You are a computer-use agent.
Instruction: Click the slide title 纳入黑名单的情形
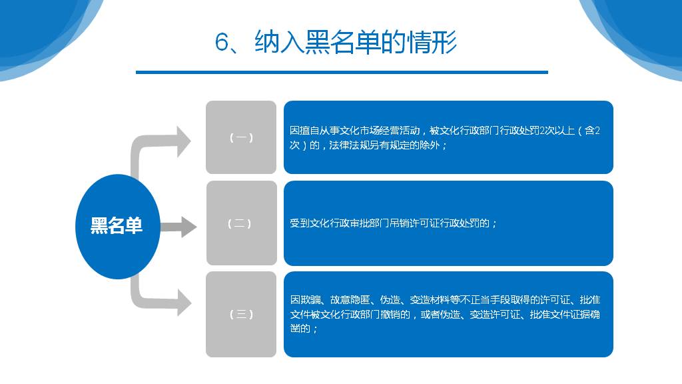356,43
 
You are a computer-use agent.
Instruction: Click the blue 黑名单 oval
117,227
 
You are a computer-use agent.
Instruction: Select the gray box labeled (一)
241,137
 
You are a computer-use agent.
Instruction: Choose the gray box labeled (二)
241,223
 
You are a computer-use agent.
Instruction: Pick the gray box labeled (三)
241,315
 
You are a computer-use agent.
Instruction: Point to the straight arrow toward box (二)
178,227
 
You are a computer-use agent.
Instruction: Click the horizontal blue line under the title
342,72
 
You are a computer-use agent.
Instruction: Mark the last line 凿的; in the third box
304,328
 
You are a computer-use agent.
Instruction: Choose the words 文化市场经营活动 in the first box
380,131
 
